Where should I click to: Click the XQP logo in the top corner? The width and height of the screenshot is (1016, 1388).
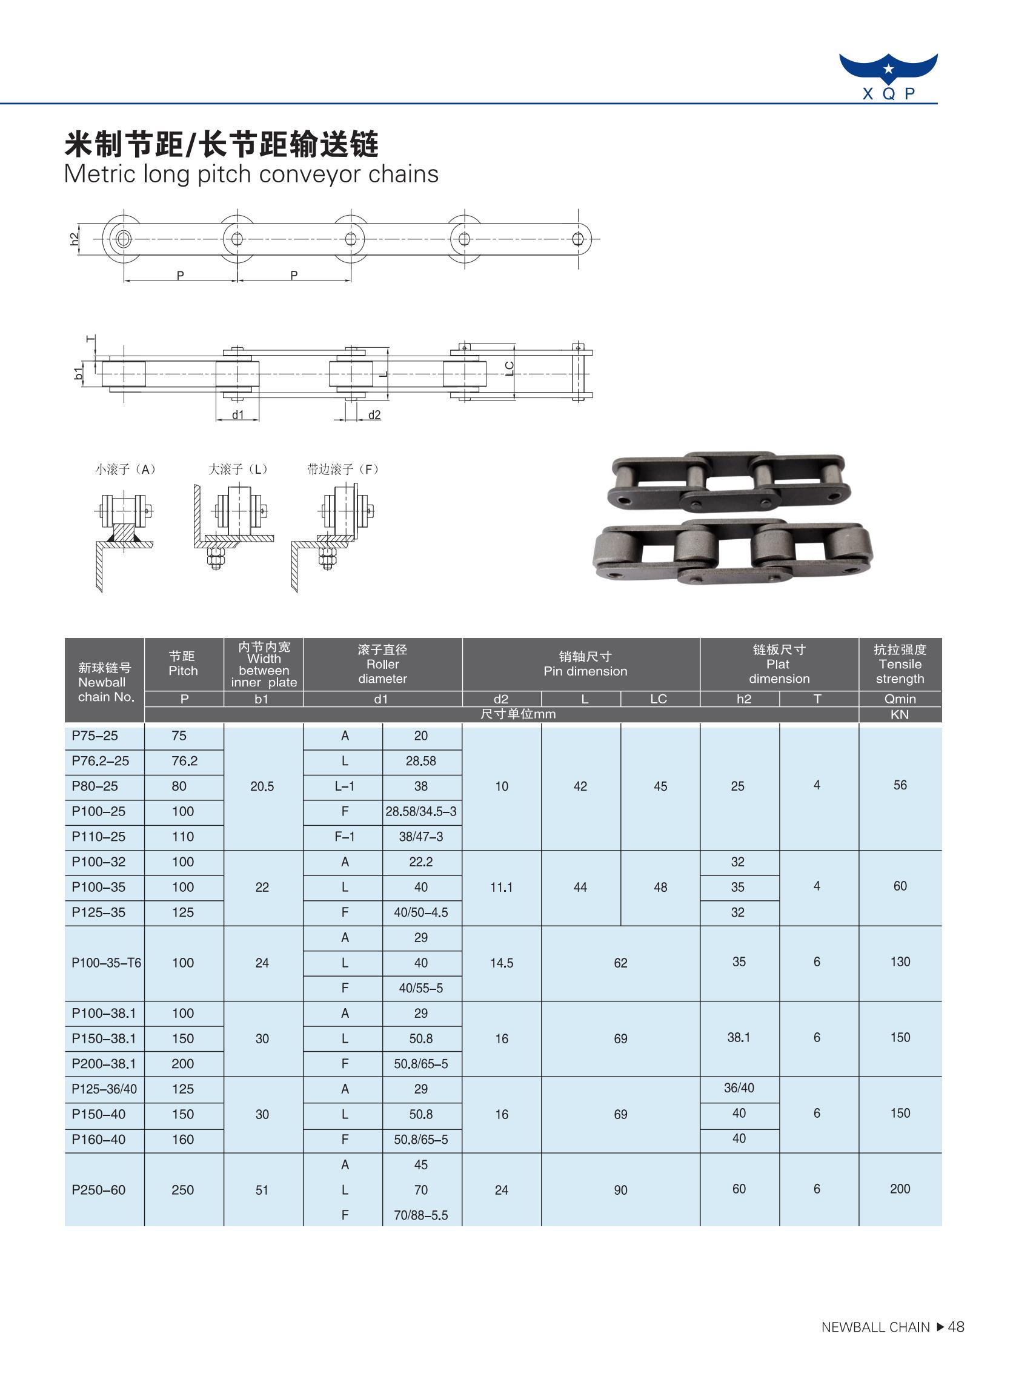tap(888, 76)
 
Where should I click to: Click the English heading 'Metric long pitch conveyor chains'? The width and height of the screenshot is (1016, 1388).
tap(251, 174)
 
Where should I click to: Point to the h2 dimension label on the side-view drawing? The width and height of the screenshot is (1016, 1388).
tap(75, 239)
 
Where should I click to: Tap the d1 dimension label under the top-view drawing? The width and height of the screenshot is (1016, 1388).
tap(238, 415)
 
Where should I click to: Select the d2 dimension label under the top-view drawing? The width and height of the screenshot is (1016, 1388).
tap(374, 415)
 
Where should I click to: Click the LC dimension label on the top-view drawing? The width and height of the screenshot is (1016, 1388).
tap(510, 368)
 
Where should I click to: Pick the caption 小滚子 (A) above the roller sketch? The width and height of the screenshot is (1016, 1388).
tap(125, 469)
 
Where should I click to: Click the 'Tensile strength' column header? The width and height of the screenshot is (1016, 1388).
tap(900, 664)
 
